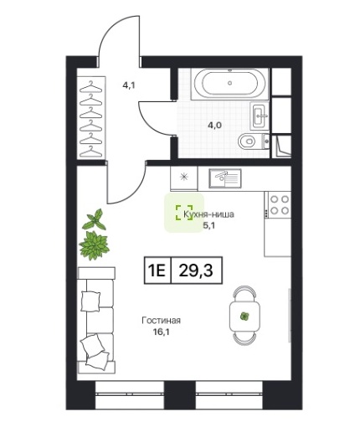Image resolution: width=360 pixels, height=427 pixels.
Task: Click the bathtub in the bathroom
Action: (229, 84)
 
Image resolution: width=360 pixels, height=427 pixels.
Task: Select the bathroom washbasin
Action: (260, 116)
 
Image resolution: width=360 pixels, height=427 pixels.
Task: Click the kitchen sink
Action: (225, 178)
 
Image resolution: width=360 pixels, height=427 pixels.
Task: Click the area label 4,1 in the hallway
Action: (129, 85)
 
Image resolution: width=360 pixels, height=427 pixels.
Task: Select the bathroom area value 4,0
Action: (214, 125)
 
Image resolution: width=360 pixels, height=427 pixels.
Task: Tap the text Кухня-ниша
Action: (208, 214)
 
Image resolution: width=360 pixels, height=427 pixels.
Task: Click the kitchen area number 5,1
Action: (208, 225)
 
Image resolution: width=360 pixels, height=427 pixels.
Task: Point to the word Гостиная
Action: (161, 321)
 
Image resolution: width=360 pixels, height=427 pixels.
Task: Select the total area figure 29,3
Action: (196, 270)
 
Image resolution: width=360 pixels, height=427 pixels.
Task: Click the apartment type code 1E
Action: (157, 270)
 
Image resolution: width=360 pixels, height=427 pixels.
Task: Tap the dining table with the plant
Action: (244, 316)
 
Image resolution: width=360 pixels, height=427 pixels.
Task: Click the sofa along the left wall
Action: (96, 320)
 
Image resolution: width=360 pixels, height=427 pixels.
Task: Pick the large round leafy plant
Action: (94, 245)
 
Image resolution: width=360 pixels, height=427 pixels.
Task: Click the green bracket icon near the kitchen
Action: (184, 213)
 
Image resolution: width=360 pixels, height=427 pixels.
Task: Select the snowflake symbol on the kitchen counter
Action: (183, 177)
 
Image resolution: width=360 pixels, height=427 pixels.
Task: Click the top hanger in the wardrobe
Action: (90, 86)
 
